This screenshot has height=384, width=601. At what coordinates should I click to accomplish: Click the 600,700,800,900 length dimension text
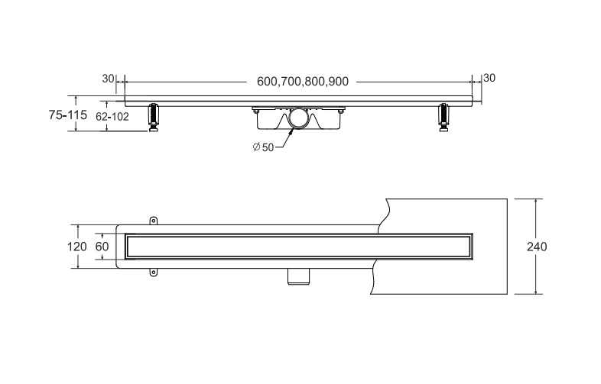303,82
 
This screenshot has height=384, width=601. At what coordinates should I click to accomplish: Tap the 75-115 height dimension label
68,115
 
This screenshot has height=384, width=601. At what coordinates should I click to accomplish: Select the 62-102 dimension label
112,116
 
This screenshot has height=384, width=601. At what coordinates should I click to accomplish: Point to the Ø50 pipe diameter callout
263,147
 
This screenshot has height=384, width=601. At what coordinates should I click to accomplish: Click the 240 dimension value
537,247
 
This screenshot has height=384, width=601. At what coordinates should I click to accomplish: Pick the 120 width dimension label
77,247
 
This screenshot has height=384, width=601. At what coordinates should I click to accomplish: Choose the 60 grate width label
102,247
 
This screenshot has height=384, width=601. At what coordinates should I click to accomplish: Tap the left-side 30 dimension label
108,79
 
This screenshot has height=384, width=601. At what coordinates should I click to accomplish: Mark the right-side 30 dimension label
489,78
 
